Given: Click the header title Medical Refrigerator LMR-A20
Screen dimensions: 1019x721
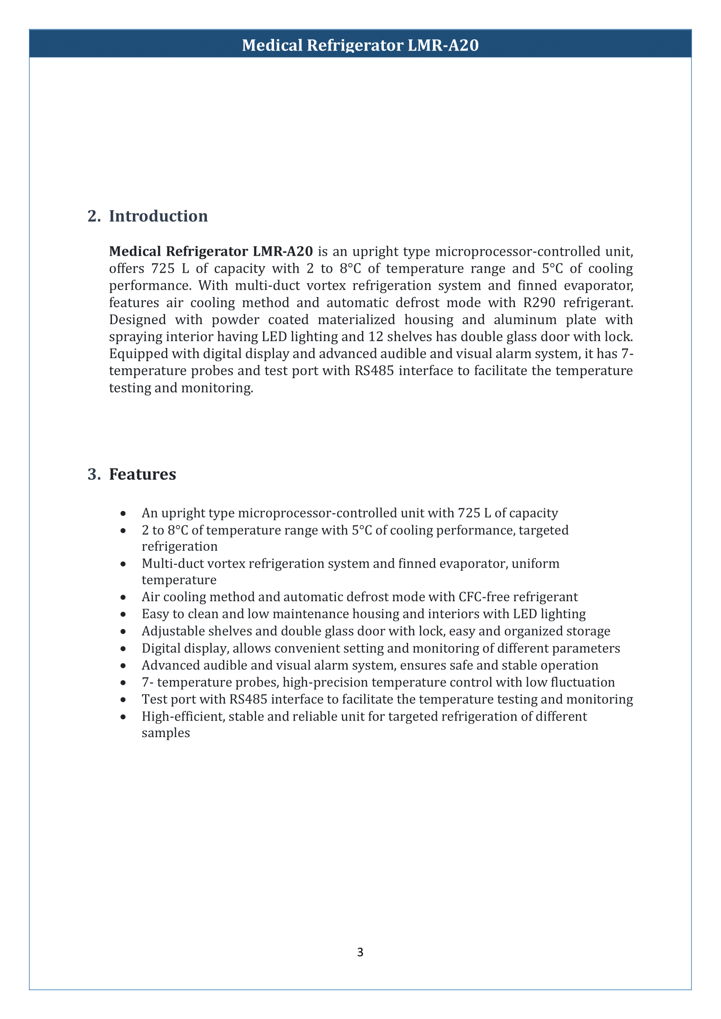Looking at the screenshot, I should click(x=360, y=45).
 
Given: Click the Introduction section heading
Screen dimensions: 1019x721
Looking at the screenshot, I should click(x=158, y=216).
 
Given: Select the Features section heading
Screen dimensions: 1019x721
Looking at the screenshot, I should click(x=142, y=474).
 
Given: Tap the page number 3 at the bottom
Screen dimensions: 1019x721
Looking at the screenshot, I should click(x=360, y=952).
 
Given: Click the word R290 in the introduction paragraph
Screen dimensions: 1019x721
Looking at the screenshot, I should click(x=539, y=303).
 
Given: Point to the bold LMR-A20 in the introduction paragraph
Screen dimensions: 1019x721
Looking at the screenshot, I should click(x=283, y=251).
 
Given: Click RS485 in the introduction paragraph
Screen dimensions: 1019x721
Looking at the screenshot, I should click(x=374, y=371).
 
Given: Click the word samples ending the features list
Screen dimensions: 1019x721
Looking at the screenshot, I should click(x=166, y=733).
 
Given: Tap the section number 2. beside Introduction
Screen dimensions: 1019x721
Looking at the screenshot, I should click(x=94, y=216).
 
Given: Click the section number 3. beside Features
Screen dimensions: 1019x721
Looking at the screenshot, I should click(x=94, y=474).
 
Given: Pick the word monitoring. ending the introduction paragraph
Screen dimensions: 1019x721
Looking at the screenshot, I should click(x=217, y=388).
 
